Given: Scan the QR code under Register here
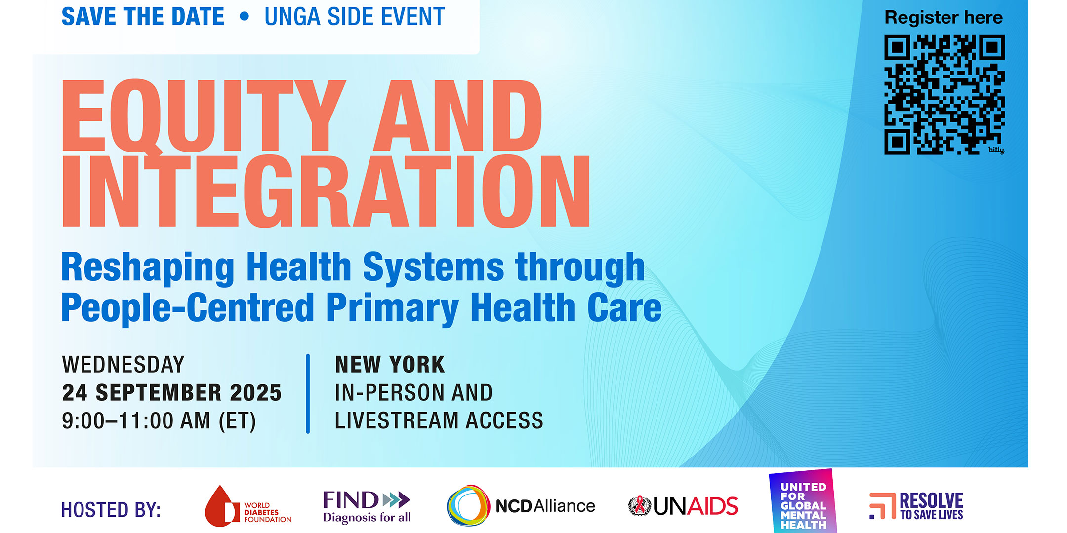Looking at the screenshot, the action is [944, 94].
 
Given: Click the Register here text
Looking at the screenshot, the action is [944, 18].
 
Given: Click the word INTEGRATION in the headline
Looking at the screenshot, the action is [326, 191].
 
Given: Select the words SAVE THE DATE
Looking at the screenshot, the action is [143, 17].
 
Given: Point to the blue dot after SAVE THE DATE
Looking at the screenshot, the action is [244, 17].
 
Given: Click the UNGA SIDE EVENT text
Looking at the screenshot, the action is [355, 17].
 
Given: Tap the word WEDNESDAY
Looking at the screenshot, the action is [123, 365].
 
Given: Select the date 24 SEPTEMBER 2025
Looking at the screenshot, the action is [171, 393].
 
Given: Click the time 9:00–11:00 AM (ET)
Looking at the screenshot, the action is [159, 421].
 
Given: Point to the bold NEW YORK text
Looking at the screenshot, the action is [390, 365].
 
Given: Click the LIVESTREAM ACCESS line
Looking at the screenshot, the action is [439, 421].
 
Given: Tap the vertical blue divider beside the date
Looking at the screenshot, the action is [308, 393].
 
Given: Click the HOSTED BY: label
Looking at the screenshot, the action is [111, 510].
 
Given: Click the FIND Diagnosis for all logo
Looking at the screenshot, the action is [367, 506].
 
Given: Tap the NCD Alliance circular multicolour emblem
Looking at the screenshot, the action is [468, 505].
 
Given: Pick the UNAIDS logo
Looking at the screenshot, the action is [683, 506].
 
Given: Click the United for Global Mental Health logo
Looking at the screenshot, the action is [803, 501].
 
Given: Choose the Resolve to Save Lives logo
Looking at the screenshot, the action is [916, 506].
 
